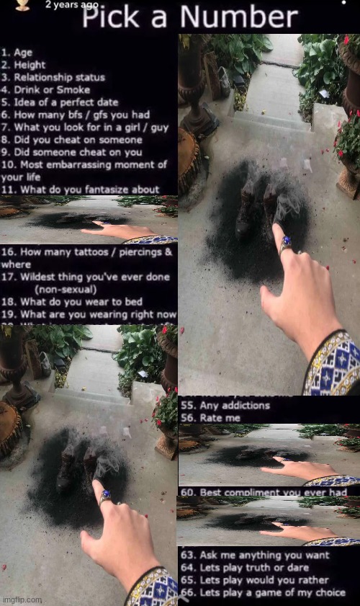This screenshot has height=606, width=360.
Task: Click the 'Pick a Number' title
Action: (189, 17)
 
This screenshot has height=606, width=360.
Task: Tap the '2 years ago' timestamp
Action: (71, 4)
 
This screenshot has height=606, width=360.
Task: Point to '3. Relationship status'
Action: (53, 77)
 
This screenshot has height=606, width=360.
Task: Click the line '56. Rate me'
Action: (209, 417)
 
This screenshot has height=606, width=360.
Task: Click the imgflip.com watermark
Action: (22, 600)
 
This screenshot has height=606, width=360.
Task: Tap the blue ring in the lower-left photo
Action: (106, 496)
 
